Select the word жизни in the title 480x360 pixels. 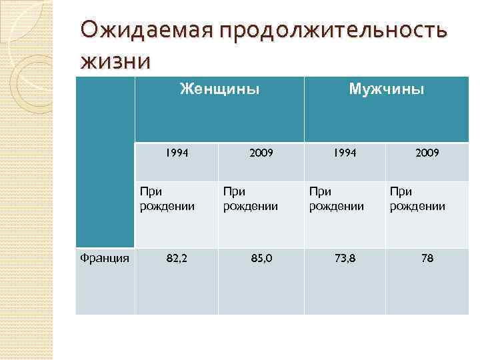pyautogui.click(x=115, y=61)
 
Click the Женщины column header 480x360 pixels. pyautogui.click(x=219, y=89)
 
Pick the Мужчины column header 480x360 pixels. pyautogui.click(x=387, y=89)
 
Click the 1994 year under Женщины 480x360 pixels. pyautogui.click(x=176, y=153)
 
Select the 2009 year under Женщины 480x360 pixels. pyautogui.click(x=261, y=153)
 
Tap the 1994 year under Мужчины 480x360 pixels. pyautogui.click(x=345, y=153)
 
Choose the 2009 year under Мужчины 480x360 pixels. pyautogui.click(x=427, y=153)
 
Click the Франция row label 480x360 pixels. pyautogui.click(x=105, y=258)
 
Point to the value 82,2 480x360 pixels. pyautogui.click(x=177, y=258)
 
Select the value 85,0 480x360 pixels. pyautogui.click(x=261, y=258)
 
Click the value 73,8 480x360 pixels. pyautogui.click(x=345, y=258)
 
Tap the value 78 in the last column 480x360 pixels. pyautogui.click(x=427, y=258)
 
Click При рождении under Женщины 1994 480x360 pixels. pyautogui.click(x=167, y=199)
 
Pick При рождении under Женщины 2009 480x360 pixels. pyautogui.click(x=250, y=199)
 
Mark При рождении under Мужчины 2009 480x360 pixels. pyautogui.click(x=417, y=199)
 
